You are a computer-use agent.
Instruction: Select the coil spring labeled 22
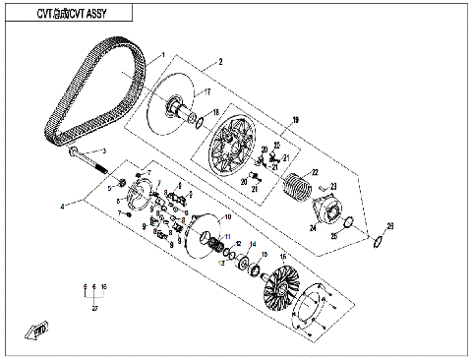296,184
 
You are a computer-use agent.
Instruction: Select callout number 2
220,62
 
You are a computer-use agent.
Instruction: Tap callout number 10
228,216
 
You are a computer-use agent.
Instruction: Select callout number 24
311,229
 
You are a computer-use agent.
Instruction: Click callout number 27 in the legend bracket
94,308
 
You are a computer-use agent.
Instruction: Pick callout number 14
250,244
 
